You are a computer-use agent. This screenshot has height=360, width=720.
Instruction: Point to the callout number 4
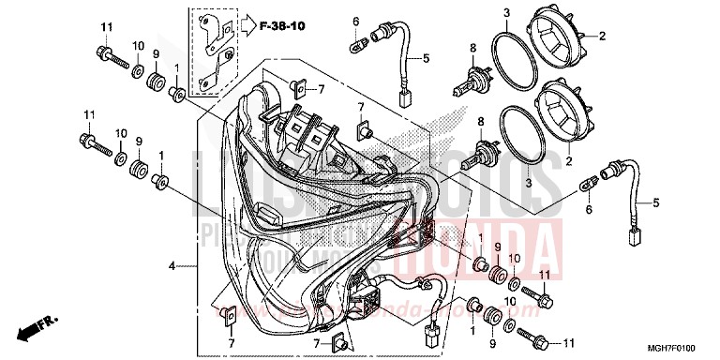(x=172, y=267)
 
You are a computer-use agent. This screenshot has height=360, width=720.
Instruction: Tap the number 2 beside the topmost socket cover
(x=602, y=36)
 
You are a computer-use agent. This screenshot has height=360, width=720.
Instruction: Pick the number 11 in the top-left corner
(x=106, y=25)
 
